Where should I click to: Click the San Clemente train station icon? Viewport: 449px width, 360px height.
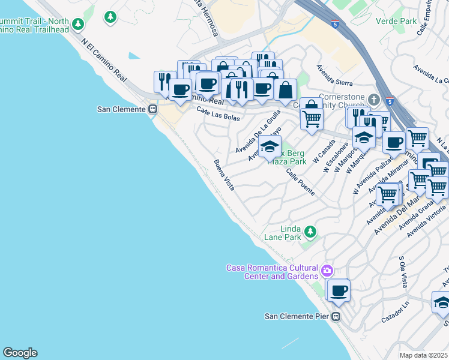click(x=152, y=109)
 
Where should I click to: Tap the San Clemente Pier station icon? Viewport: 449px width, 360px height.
click(x=336, y=316)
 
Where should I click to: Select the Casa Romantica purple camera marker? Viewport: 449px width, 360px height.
click(x=327, y=271)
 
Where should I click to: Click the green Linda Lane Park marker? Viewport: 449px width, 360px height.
click(x=310, y=231)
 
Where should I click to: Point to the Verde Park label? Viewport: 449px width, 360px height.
click(x=396, y=21)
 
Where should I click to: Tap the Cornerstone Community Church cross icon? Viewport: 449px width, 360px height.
click(x=373, y=98)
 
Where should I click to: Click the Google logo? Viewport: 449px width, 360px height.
click(x=20, y=352)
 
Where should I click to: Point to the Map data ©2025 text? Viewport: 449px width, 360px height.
click(x=424, y=355)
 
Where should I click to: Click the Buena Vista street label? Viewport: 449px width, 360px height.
click(x=224, y=175)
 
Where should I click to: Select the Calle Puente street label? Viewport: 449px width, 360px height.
click(x=300, y=182)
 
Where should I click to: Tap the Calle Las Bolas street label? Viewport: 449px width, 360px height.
click(x=218, y=113)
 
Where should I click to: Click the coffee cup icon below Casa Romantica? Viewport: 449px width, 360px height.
click(x=339, y=290)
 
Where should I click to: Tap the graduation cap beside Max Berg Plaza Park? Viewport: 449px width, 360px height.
click(x=270, y=146)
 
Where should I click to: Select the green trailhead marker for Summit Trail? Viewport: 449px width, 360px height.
click(x=77, y=25)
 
